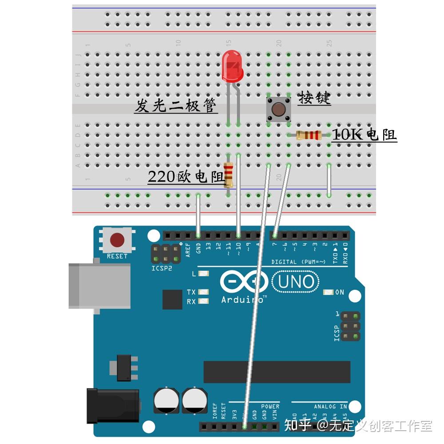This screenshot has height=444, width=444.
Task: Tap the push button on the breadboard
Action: point(278,109)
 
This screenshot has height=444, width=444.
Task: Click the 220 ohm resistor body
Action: point(228,174)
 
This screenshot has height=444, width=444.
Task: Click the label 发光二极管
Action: point(176,106)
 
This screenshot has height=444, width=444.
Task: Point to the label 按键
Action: point(314,98)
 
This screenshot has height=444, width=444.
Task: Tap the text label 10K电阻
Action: point(364,135)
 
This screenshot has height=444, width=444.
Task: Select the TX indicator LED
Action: point(204,292)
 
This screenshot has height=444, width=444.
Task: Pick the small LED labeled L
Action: point(204,274)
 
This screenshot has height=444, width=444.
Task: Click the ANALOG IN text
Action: point(330,406)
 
